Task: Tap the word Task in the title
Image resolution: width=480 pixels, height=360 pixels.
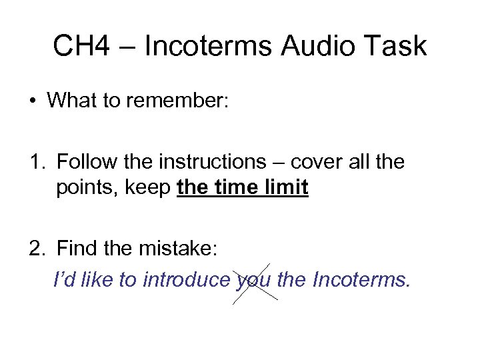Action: (394, 46)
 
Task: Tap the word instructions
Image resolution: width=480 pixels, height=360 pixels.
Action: (206, 161)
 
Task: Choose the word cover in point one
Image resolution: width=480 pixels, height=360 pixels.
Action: (311, 161)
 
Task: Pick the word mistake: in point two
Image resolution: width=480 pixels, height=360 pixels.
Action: (176, 251)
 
